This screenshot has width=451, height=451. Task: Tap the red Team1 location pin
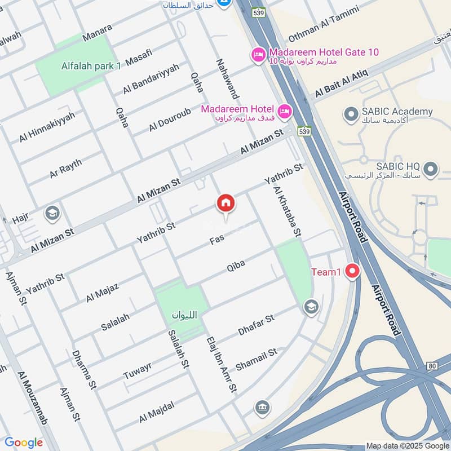pos(353,271)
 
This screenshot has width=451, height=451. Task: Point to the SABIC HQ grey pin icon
pos(431,168)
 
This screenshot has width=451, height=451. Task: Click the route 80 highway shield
pos(432,366)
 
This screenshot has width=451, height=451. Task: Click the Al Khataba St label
pos(289,212)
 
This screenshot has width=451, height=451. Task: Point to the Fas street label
pos(217,239)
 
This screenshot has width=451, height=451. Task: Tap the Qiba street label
pos(236,266)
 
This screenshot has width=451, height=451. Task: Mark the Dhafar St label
pos(256,325)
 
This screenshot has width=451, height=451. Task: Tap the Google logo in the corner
pos(24,443)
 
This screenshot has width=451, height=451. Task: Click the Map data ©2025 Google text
pos(408,445)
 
